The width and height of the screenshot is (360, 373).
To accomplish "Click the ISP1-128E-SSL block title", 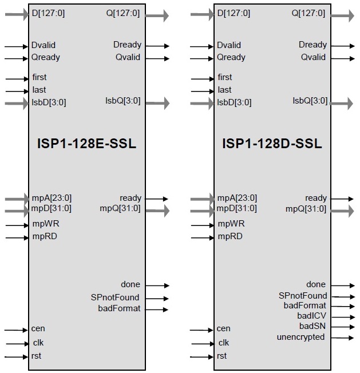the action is (x=86, y=144).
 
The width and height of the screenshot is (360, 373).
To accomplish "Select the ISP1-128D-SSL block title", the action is (x=272, y=144).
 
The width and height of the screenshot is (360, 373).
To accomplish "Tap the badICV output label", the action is (x=311, y=316).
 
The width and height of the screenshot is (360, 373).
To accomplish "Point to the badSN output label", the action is (x=312, y=326).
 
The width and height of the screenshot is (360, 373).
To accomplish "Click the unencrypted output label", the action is (x=300, y=337).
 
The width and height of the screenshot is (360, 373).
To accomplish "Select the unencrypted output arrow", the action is (x=342, y=338).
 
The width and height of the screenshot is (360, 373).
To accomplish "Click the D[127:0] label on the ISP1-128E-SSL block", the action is (x=48, y=13).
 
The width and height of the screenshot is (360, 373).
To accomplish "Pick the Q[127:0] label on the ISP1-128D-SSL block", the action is (x=308, y=13).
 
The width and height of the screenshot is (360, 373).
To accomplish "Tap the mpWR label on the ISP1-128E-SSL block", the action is (x=46, y=224).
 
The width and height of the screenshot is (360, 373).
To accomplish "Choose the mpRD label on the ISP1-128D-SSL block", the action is (x=230, y=236).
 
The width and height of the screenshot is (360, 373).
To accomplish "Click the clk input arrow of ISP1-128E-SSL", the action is (x=17, y=344).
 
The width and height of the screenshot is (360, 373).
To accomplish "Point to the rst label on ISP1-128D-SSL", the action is (x=221, y=356).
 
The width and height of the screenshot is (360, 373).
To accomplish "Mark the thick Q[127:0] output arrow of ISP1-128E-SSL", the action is (x=157, y=16).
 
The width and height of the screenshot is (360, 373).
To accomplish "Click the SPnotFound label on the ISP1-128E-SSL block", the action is (x=115, y=297).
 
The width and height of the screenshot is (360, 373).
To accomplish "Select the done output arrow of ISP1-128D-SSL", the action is (x=343, y=285).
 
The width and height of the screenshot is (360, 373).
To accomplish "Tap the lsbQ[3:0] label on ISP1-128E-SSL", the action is (x=123, y=101).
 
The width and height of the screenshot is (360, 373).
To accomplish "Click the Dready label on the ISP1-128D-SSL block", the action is (x=312, y=45).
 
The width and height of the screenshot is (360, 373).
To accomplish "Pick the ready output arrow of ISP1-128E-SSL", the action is (x=157, y=199).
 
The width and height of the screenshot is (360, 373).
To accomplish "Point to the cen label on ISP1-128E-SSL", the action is (x=38, y=328).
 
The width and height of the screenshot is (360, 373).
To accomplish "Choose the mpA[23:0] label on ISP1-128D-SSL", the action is (x=237, y=198).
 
